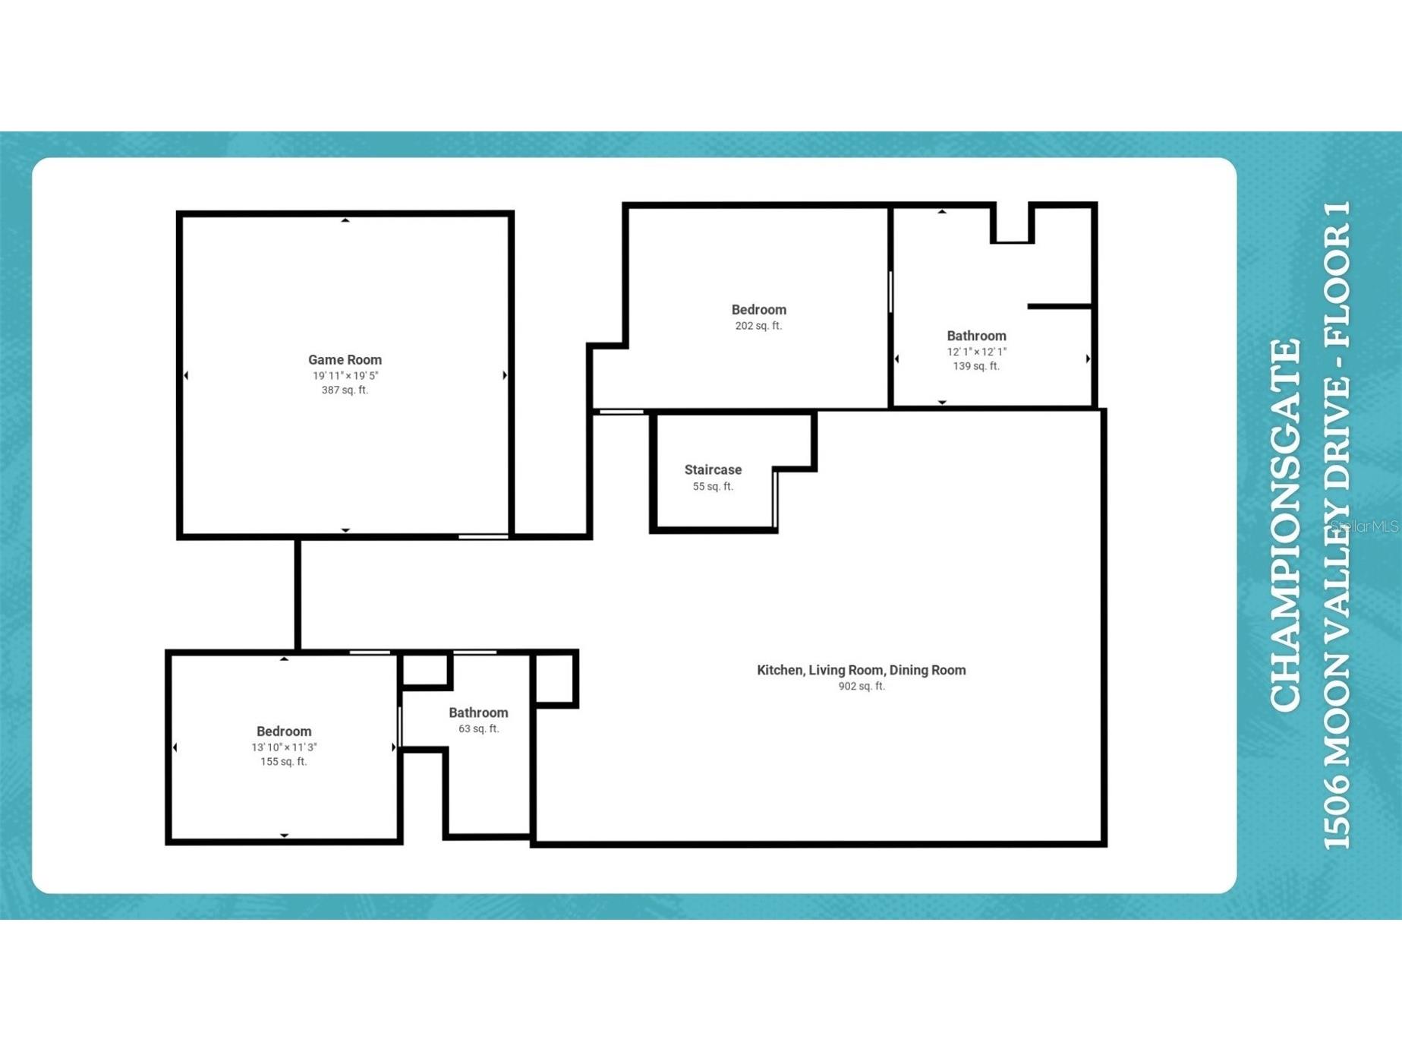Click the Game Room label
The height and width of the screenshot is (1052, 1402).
(x=345, y=360)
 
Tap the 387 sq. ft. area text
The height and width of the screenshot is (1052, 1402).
(x=345, y=390)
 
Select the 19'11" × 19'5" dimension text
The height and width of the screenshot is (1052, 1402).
(x=345, y=376)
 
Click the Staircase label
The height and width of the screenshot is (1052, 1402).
(x=713, y=470)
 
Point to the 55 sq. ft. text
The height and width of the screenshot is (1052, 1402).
(x=713, y=487)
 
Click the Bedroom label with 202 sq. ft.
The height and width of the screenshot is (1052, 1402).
(x=758, y=310)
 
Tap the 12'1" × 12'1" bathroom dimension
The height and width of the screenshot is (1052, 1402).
(x=976, y=352)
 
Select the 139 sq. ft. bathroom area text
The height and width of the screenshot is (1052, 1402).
(x=976, y=366)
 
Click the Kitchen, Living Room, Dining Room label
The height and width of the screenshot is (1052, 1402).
(x=861, y=670)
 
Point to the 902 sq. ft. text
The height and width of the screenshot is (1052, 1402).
(x=861, y=687)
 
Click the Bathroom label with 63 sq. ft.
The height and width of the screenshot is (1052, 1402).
(x=478, y=712)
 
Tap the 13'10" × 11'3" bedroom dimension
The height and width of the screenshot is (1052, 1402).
(x=284, y=747)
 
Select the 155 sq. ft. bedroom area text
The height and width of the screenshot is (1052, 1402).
(x=284, y=762)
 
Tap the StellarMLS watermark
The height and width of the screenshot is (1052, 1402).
(x=1365, y=526)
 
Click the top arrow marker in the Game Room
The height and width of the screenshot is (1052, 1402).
(x=345, y=220)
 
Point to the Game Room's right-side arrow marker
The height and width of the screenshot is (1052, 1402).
(x=505, y=375)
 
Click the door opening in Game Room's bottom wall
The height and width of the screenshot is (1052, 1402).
(x=484, y=537)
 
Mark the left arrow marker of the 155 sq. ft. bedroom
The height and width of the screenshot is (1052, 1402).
(x=175, y=747)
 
